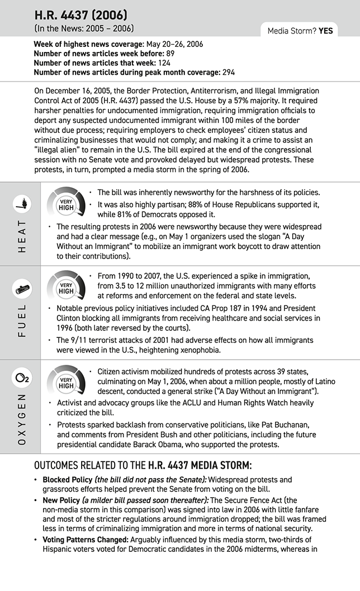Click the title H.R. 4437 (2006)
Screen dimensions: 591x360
click(x=80, y=15)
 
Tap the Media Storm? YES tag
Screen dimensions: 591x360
click(x=300, y=31)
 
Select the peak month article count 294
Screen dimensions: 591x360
click(x=227, y=72)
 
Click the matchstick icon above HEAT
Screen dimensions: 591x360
click(x=21, y=205)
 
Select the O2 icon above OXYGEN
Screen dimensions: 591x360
click(x=21, y=379)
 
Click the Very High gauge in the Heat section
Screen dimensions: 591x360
click(x=66, y=204)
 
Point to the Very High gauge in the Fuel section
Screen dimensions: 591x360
click(x=66, y=288)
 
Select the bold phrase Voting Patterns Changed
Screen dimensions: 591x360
click(x=86, y=540)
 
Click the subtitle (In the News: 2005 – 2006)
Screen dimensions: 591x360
click(x=84, y=28)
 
